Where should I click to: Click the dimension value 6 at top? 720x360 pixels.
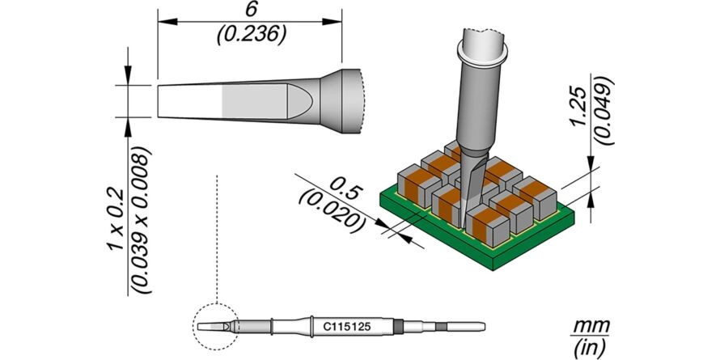tap(249, 10)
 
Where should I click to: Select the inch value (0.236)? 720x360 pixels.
tap(252, 34)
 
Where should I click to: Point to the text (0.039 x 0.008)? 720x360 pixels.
tap(142, 220)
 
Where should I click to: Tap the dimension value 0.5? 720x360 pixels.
tap(345, 189)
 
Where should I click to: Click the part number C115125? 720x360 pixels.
tap(347, 328)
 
